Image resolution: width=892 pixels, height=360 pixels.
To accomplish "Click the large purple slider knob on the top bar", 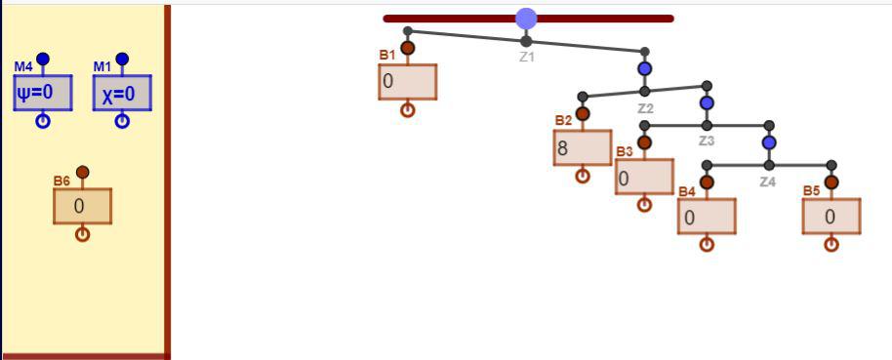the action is [526, 19].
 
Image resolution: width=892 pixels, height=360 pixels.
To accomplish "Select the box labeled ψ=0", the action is [43, 93].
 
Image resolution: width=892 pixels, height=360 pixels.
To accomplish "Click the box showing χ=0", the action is [122, 93].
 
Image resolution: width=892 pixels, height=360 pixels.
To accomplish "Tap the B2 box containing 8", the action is [583, 148].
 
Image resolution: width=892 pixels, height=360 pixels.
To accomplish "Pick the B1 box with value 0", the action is [407, 82].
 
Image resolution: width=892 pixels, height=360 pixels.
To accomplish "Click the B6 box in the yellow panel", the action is [83, 206].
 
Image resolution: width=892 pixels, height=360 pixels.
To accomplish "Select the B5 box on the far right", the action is [831, 217].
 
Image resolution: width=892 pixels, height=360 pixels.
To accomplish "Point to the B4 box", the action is [707, 217].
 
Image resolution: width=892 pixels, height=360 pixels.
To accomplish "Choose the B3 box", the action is [644, 177].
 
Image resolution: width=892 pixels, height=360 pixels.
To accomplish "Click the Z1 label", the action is [527, 58].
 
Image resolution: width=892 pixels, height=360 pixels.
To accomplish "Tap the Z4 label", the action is [768, 182].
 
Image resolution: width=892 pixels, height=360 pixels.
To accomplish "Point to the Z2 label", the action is [645, 108].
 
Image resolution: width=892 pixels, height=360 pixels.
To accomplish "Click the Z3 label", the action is [707, 141].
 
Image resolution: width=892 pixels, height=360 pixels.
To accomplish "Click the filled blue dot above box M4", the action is [43, 59].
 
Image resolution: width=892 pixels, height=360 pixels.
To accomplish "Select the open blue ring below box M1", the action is [122, 121].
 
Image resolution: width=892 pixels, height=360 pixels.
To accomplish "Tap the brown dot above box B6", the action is [83, 172].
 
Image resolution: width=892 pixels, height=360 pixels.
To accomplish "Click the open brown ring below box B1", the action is [407, 110].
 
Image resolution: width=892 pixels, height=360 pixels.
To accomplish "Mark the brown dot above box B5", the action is [831, 182].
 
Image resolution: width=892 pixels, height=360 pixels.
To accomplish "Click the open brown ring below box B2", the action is [583, 176].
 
